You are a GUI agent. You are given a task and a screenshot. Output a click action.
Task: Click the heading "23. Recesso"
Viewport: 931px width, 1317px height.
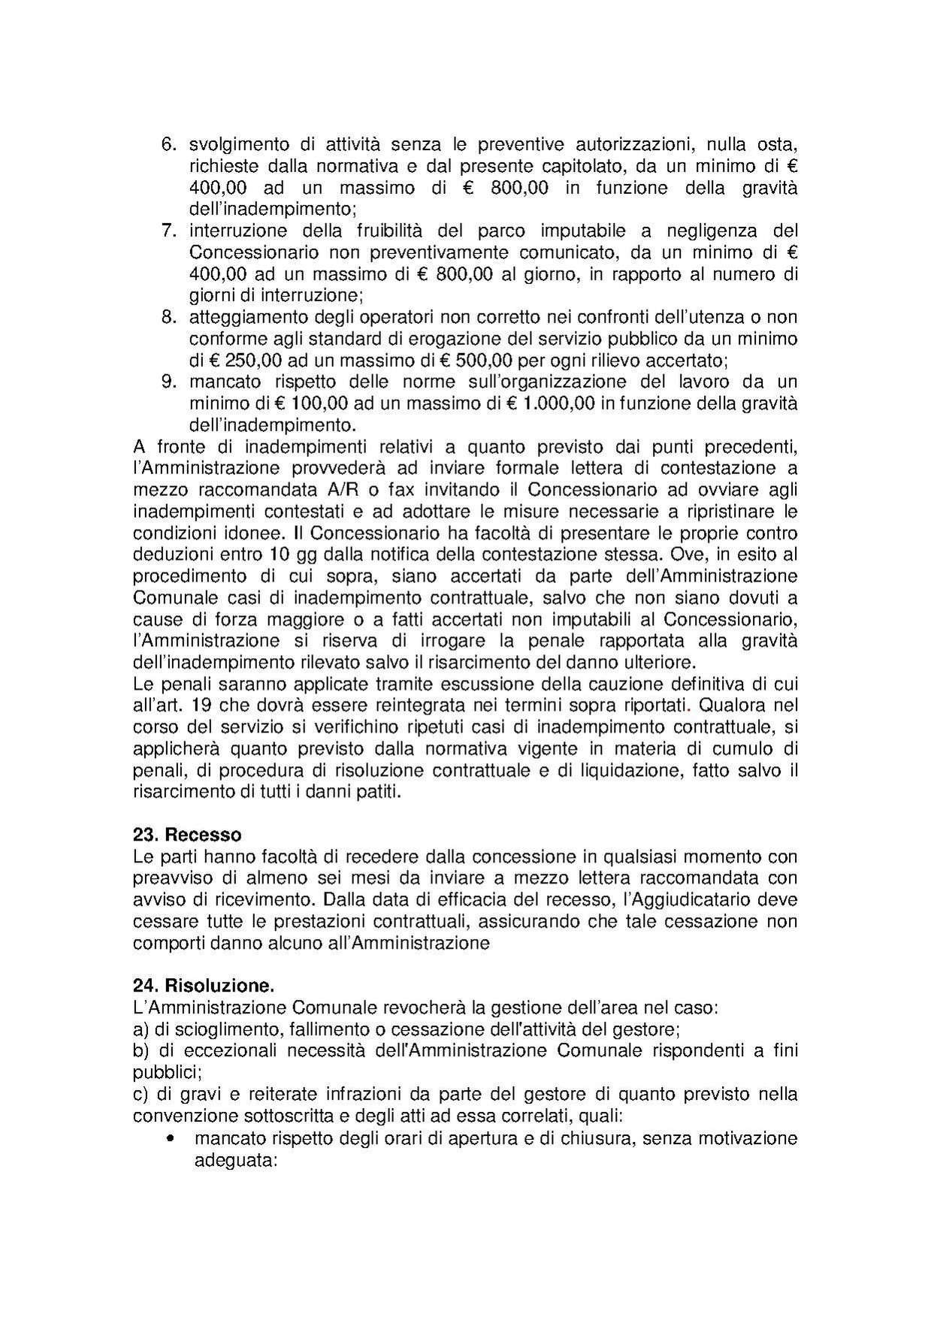point(187,835)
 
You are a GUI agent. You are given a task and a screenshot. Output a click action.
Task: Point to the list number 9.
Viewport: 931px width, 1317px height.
point(168,382)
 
